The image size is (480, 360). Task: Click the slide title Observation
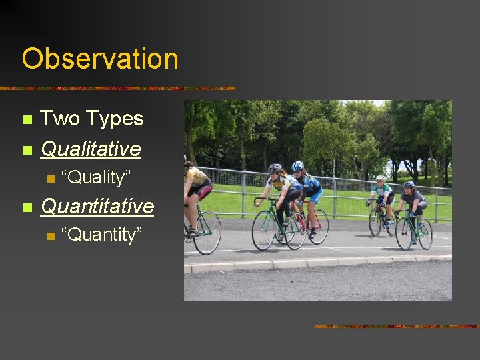(100, 59)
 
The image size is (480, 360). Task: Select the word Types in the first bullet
(112, 119)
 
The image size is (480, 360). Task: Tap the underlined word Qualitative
(91, 148)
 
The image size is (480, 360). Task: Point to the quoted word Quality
(96, 177)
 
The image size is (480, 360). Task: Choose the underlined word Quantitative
(97, 206)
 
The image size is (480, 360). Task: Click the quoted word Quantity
(101, 235)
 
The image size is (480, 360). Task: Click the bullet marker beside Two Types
(27, 120)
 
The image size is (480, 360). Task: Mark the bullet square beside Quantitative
(27, 207)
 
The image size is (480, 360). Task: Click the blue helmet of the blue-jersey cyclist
(297, 166)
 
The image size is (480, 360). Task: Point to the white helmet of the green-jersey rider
(381, 179)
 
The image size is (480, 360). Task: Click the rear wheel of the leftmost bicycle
(207, 233)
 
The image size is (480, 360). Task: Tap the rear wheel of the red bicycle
(317, 227)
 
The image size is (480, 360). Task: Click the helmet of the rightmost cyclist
(409, 185)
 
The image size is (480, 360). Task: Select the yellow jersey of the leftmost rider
(196, 177)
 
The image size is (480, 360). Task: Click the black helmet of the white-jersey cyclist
(275, 169)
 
